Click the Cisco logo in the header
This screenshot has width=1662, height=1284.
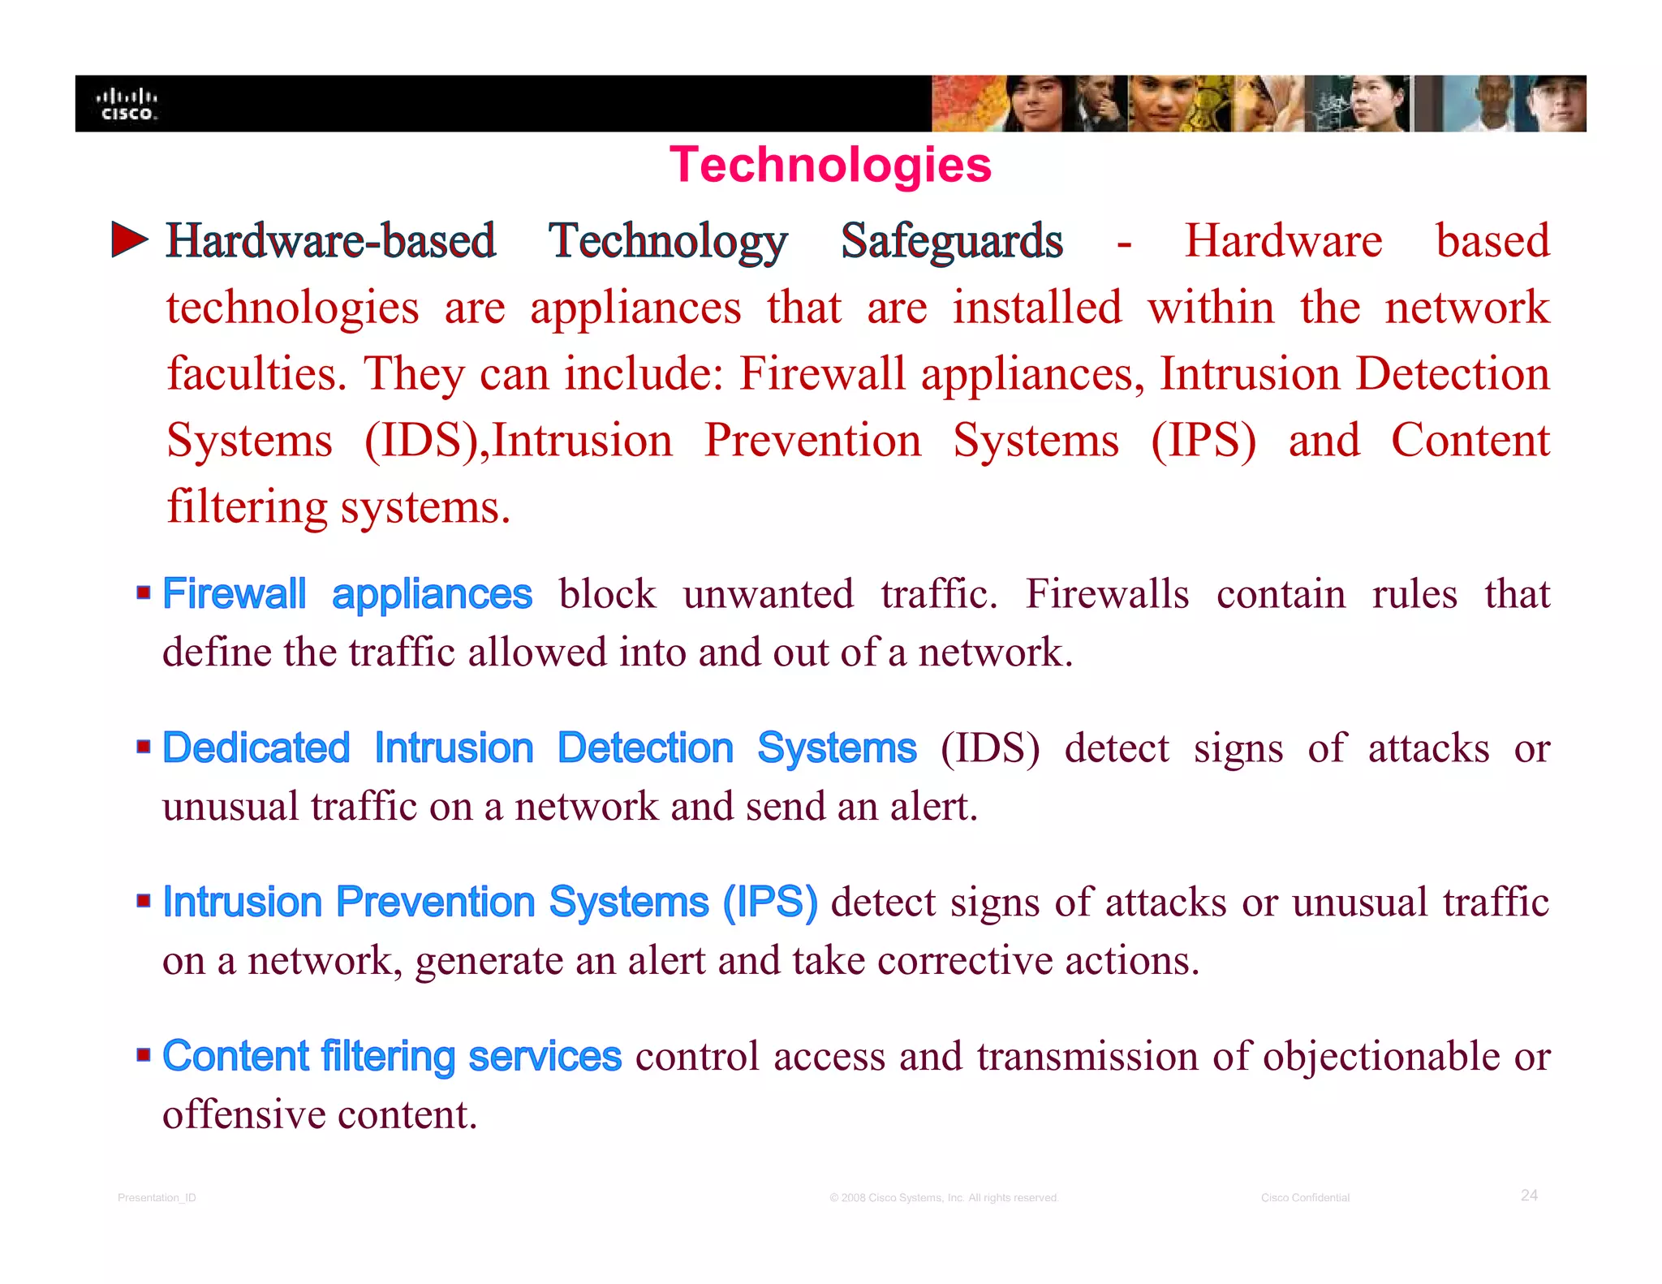[127, 105]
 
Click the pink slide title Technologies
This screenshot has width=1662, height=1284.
[829, 165]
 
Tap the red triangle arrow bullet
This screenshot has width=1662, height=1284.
[129, 239]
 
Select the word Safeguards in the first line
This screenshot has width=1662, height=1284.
[951, 241]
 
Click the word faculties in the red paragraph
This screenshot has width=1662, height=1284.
[256, 374]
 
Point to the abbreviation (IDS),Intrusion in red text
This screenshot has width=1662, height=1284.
[518, 441]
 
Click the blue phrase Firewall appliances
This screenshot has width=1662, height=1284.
[347, 594]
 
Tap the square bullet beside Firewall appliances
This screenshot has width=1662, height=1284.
[144, 592]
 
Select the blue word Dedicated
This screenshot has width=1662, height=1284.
[256, 748]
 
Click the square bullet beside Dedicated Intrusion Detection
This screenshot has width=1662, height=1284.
[144, 746]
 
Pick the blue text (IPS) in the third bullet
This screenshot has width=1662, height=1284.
[770, 902]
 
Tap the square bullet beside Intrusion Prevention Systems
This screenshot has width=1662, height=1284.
[144, 900]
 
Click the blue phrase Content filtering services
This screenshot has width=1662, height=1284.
[392, 1056]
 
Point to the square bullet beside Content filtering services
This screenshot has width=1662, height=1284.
[144, 1054]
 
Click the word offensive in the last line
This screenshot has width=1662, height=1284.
[243, 1114]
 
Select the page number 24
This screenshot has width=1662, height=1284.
[1529, 1196]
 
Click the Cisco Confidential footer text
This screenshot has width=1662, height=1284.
[1305, 1198]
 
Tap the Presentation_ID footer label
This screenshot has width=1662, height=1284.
[157, 1198]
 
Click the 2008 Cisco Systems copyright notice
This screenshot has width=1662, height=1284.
[944, 1198]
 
